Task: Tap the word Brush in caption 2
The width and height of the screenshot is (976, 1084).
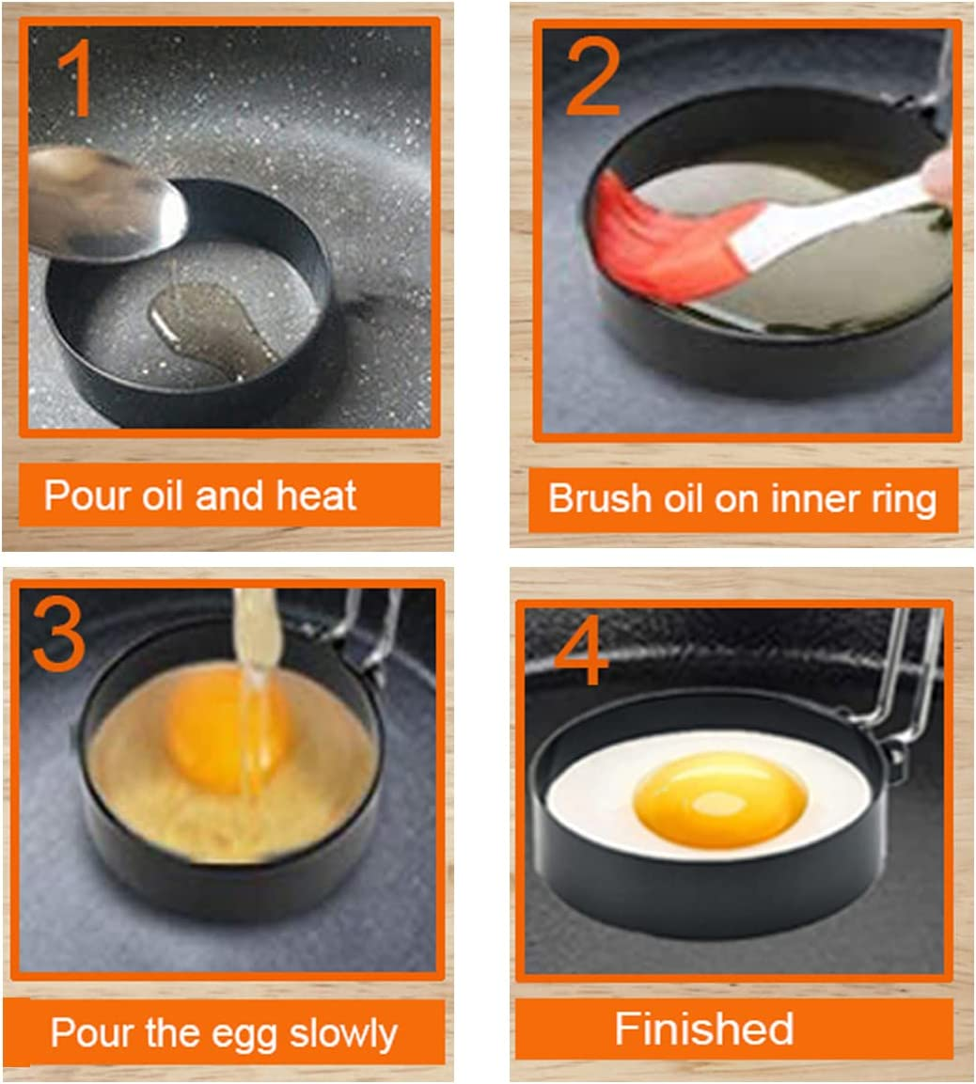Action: coord(588,497)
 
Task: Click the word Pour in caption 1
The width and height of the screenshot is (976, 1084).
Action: coord(79,495)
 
